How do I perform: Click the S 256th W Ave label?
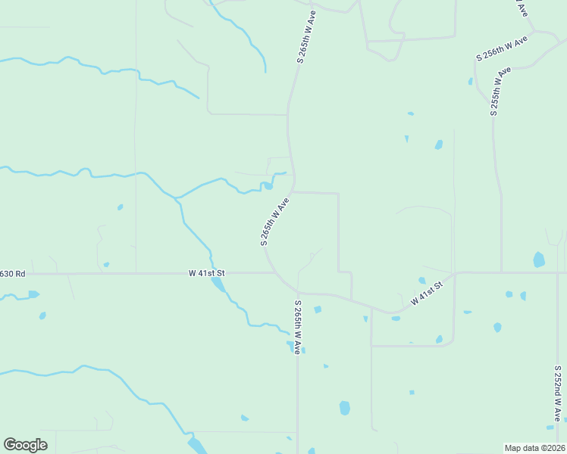point(501,48)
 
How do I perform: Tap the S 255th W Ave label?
point(500,92)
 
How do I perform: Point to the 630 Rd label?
point(12,273)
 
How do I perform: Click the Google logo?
point(25,445)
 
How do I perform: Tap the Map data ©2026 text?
point(534,448)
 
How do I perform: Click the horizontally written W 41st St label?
point(207,272)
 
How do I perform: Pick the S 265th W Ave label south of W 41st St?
point(298,328)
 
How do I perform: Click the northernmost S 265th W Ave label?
point(307,36)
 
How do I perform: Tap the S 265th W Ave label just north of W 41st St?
point(275,222)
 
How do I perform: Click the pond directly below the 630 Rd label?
point(33,294)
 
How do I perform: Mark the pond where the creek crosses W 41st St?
point(218,284)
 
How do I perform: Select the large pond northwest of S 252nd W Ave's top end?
point(539,260)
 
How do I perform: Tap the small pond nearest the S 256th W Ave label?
point(471,81)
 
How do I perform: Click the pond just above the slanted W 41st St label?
point(422,280)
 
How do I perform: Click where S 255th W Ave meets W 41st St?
point(501,272)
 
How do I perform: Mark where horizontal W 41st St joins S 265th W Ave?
point(274,272)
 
